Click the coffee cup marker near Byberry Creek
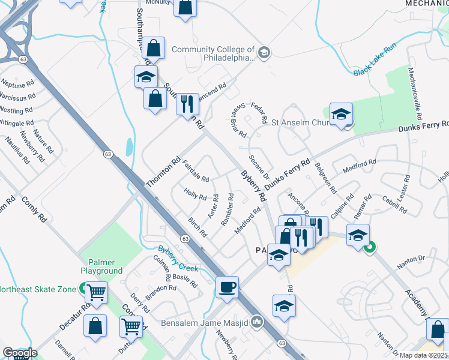pos(227,287)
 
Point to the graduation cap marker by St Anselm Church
pos(341,114)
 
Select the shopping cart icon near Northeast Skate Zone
pos(96,292)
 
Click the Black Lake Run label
pos(376,62)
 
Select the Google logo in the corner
pos(20,353)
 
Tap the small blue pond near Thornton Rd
pos(130,146)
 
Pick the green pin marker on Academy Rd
pos(370,246)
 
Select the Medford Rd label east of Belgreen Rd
pos(360,166)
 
